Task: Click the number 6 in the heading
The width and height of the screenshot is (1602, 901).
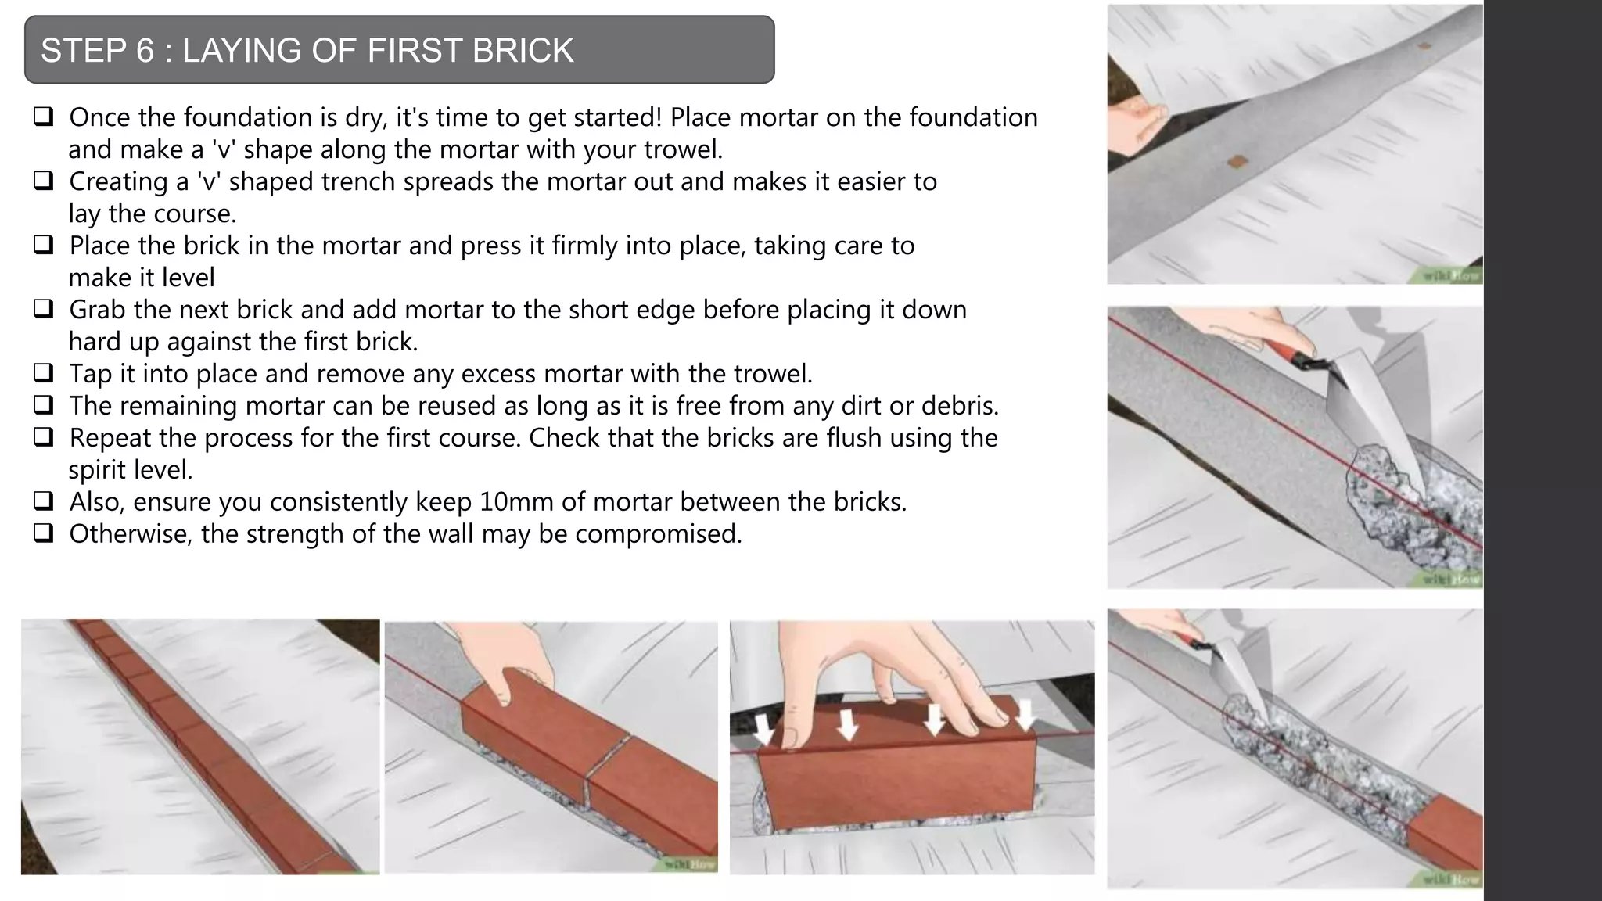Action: (145, 51)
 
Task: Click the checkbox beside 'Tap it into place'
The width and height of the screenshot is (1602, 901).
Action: (44, 372)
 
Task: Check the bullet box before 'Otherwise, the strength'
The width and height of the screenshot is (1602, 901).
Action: (44, 533)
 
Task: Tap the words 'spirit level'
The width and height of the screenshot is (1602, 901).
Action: (130, 470)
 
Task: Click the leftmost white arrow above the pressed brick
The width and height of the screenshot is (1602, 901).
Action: (764, 726)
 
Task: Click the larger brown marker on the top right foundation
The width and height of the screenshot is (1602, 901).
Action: (1237, 162)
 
